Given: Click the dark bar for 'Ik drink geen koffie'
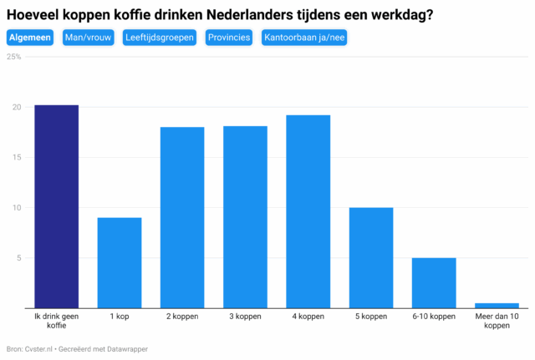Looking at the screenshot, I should [x=57, y=206].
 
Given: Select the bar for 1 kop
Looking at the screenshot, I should [x=120, y=262].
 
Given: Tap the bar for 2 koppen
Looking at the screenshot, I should [x=182, y=217].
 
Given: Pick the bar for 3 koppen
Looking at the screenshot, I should [x=245, y=216].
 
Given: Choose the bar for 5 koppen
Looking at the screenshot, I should [x=371, y=257].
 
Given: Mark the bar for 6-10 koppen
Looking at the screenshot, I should [x=434, y=282].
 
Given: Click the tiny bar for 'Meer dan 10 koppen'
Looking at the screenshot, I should [x=497, y=305].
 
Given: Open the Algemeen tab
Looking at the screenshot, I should [x=30, y=38].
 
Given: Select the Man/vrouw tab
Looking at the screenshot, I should [x=88, y=38].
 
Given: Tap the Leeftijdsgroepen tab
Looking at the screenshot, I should [x=159, y=38].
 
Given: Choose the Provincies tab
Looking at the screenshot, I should [x=229, y=38].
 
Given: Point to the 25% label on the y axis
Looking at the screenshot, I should [x=14, y=57].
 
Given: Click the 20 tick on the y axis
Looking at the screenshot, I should [x=16, y=107].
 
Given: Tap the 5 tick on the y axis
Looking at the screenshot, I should [x=18, y=257].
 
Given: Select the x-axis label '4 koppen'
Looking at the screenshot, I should [x=308, y=317].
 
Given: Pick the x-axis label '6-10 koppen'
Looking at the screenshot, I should [x=434, y=317].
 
